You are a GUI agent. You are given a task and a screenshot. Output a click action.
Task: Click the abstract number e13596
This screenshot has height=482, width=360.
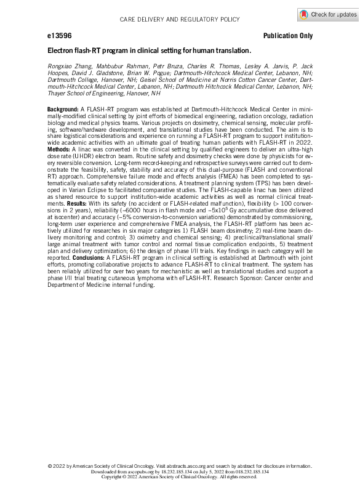(x=59, y=36)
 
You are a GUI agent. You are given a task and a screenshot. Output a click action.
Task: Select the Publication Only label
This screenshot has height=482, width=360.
(x=287, y=36)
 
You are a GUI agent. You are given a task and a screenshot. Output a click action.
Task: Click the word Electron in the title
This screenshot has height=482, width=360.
(x=62, y=50)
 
